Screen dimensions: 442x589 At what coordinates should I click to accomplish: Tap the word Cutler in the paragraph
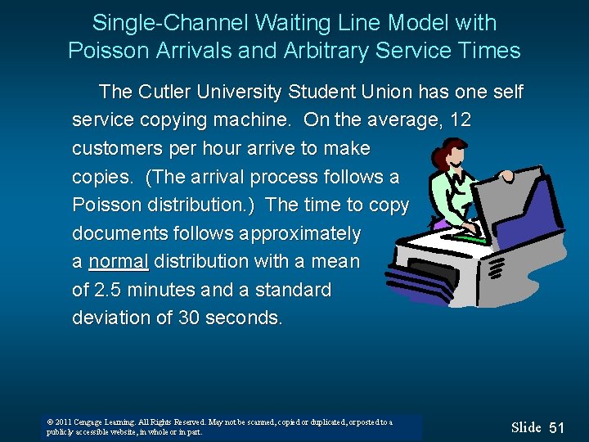(165, 92)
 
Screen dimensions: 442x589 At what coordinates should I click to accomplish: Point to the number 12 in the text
(461, 120)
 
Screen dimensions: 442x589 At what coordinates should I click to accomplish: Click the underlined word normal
(119, 262)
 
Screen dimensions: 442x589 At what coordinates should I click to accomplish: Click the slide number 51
(557, 427)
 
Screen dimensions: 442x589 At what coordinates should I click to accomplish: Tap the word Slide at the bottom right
(526, 427)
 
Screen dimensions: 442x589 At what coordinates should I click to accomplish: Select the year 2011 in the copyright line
(65, 422)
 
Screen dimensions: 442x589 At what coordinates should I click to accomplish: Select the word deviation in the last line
(110, 318)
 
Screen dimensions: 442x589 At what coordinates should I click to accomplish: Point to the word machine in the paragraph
(251, 120)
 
